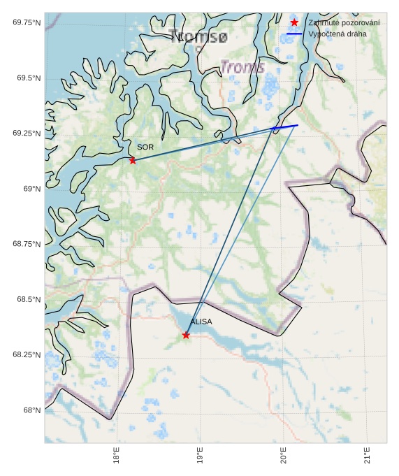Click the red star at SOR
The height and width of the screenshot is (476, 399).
[133, 160]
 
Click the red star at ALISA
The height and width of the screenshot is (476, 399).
[186, 335]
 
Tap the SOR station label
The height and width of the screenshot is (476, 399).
[145, 147]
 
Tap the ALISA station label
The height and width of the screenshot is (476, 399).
[201, 322]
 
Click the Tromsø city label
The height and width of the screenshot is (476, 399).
[199, 36]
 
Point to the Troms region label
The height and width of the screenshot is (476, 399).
[242, 67]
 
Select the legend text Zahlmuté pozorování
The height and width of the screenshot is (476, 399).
[344, 23]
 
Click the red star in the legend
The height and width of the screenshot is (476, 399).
[294, 23]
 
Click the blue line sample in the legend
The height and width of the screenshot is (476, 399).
[294, 34]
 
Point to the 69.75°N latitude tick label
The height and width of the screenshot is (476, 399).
[27, 23]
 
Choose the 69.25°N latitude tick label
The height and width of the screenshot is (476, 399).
[27, 134]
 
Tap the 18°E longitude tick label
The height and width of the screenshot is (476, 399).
[117, 456]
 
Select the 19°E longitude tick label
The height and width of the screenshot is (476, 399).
[201, 456]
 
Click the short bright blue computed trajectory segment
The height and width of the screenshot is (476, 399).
[285, 127]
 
